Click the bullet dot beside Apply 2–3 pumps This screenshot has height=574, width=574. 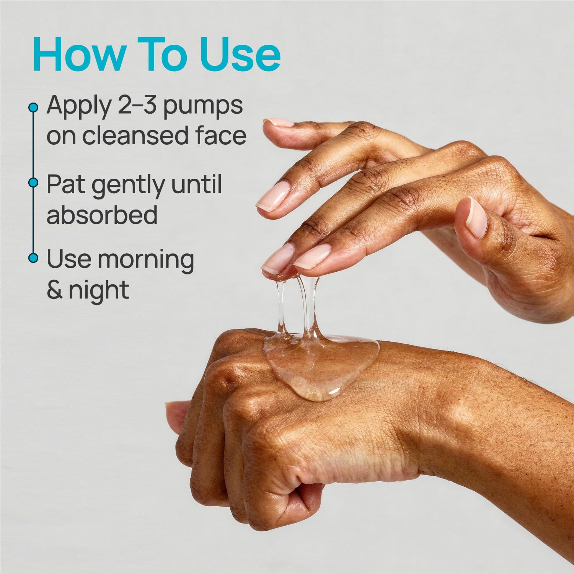coord(34,108)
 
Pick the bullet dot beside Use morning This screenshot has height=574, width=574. coord(34,258)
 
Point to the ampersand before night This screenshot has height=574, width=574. coord(55,289)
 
